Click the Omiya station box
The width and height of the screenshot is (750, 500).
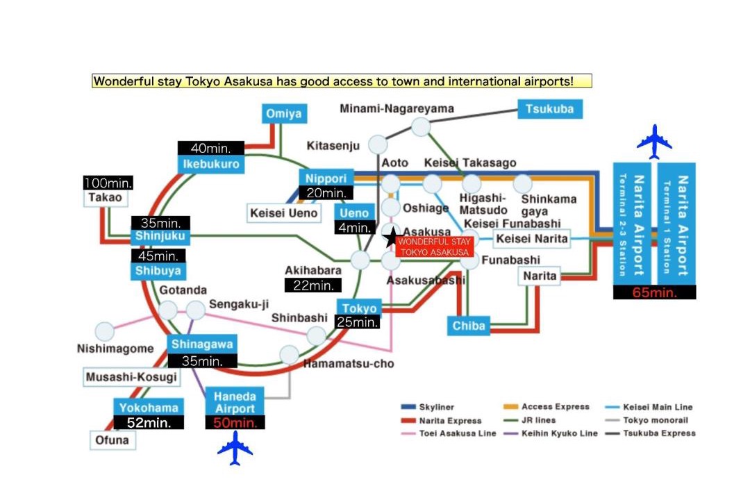[284, 114]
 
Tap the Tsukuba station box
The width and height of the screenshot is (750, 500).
[550, 109]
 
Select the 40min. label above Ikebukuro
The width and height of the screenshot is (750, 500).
[211, 148]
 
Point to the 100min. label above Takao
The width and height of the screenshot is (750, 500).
[108, 183]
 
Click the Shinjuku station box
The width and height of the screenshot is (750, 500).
[160, 236]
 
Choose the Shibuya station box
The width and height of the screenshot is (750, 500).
[158, 271]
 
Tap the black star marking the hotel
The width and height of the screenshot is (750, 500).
[392, 237]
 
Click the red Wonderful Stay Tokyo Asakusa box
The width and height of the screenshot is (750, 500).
[434, 247]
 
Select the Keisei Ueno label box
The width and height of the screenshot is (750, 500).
[284, 213]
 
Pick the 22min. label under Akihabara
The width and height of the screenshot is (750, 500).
[312, 285]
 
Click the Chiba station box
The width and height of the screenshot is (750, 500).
[469, 326]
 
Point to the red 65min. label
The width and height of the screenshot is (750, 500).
[654, 292]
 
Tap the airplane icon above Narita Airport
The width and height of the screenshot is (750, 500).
[654, 142]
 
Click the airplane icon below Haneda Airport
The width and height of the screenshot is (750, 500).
[235, 448]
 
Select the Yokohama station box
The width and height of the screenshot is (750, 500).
[149, 408]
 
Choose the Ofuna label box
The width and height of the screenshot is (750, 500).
[112, 440]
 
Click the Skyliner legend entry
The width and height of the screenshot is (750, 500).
[427, 407]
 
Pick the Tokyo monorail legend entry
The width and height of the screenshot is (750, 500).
[647, 420]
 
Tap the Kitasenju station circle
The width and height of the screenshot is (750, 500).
[378, 144]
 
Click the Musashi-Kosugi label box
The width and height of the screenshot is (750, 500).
[131, 377]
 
